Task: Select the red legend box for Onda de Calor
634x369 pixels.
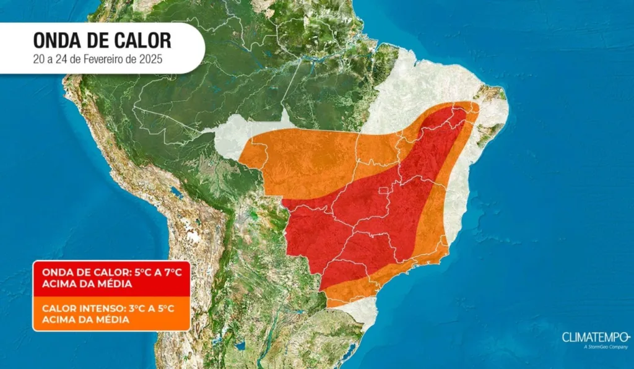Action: tap(111, 278)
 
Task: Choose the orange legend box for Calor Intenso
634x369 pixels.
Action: tap(111, 313)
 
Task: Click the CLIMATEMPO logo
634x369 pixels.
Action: tap(596, 337)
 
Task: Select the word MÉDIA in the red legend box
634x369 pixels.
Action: tap(113, 284)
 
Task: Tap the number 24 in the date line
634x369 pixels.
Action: tap(63, 60)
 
